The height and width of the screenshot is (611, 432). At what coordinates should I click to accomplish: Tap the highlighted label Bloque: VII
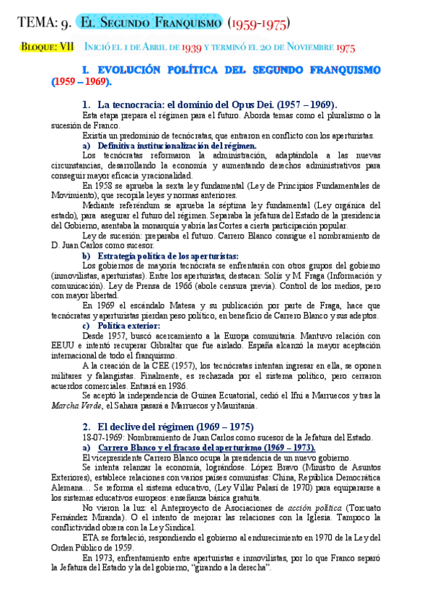click(x=48, y=48)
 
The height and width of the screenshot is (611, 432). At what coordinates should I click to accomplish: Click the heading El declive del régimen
click(x=170, y=427)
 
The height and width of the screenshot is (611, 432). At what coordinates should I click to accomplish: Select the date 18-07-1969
click(x=107, y=437)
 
